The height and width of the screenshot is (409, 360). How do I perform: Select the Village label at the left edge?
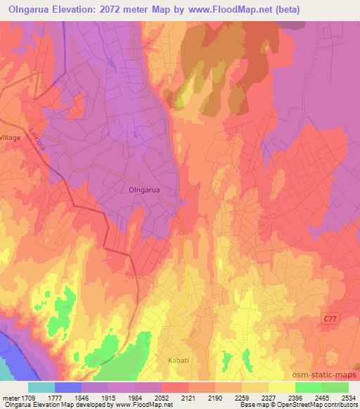11,138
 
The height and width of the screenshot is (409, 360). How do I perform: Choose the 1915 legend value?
109,398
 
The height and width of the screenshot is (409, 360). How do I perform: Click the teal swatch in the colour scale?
41,387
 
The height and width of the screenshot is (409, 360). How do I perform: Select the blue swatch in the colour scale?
68,387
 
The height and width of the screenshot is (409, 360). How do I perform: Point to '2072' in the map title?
119,10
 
